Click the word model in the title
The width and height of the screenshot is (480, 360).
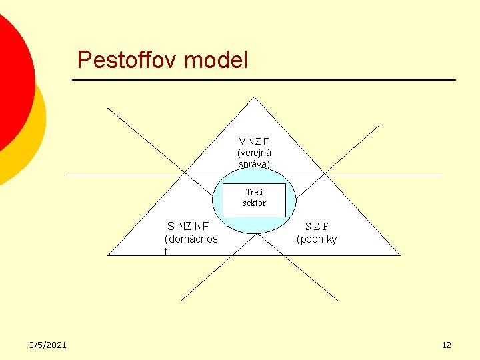click(x=215, y=61)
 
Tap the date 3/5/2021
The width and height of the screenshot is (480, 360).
click(x=47, y=345)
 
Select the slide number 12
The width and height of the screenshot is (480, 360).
click(x=447, y=345)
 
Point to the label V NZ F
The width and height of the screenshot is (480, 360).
click(x=254, y=141)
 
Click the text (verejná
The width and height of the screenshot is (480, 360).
click(x=254, y=153)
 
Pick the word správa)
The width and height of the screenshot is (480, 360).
click(x=254, y=163)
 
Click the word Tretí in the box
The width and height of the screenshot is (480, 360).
click(x=254, y=193)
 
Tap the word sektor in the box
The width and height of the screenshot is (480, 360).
click(x=254, y=203)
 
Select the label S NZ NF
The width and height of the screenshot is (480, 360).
click(x=188, y=227)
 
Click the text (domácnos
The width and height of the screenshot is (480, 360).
click(x=191, y=239)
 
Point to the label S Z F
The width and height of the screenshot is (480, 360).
click(x=317, y=227)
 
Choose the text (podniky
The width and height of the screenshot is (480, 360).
click(x=317, y=239)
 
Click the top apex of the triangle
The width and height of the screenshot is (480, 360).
click(x=255, y=98)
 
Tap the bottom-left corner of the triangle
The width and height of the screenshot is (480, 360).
click(x=110, y=255)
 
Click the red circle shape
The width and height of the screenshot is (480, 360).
click(x=10, y=80)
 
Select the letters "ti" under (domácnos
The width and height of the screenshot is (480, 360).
click(x=167, y=251)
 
